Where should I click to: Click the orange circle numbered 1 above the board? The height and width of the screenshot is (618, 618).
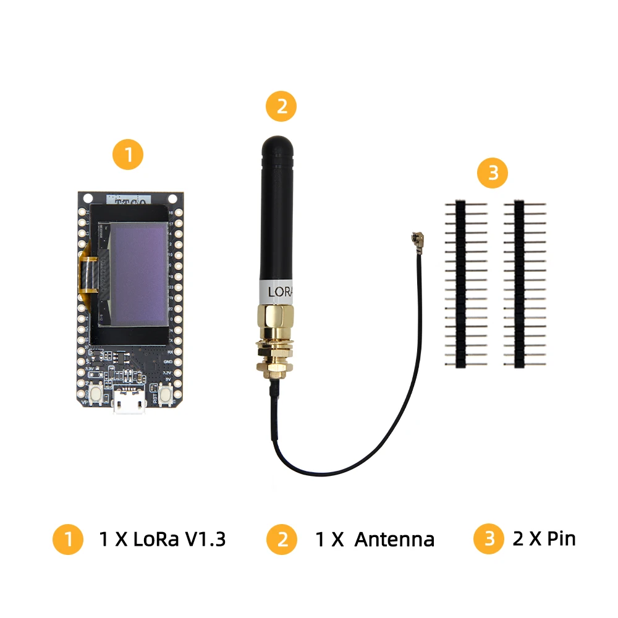tap(127, 155)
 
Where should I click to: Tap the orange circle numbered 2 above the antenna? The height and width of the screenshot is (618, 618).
tap(281, 106)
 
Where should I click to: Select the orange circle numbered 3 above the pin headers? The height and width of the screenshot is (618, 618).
tap(493, 173)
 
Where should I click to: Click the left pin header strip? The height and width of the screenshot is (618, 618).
tap(461, 284)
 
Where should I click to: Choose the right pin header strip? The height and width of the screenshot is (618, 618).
tap(520, 284)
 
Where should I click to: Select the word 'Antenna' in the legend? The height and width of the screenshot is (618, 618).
tap(394, 540)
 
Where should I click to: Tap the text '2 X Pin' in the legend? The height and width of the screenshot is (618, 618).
tap(544, 538)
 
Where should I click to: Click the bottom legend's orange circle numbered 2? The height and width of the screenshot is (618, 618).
tap(282, 540)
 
